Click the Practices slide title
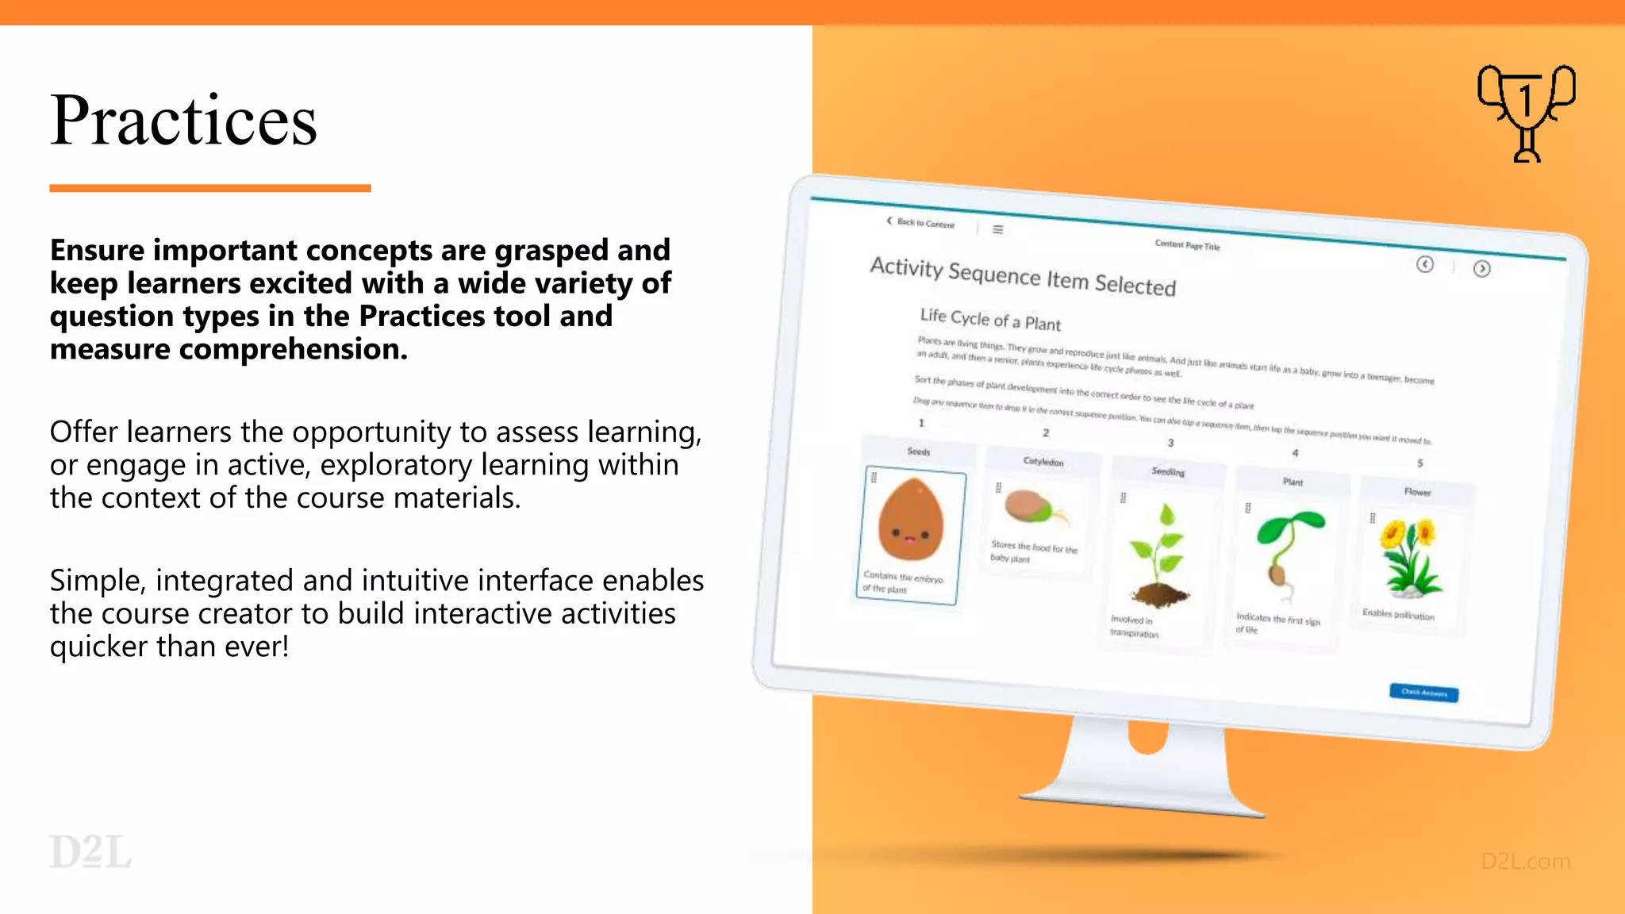tap(183, 121)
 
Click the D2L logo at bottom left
tap(90, 852)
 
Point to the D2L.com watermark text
tap(1525, 862)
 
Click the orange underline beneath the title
tap(209, 188)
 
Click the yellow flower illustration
tap(1409, 556)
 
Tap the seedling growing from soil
tap(1160, 557)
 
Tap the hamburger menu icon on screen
tap(998, 229)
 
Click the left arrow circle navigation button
tap(1425, 264)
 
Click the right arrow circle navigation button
tap(1481, 269)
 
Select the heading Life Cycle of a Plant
tap(989, 319)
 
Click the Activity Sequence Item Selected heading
tap(1022, 275)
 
